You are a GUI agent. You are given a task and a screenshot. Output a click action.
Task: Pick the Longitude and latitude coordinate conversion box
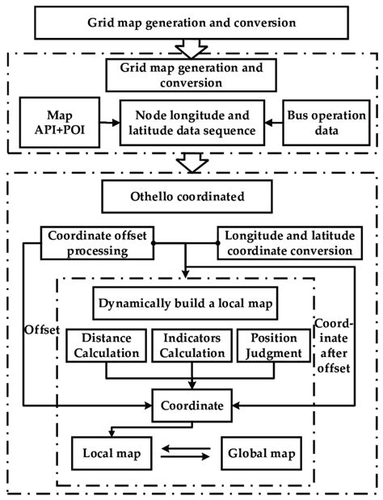pos(288,243)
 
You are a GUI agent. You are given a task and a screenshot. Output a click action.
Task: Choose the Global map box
pos(263,452)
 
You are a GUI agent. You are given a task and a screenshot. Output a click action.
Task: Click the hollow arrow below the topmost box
pos(191,47)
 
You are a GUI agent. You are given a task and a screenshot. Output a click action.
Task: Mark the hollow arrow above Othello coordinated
pos(191,164)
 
